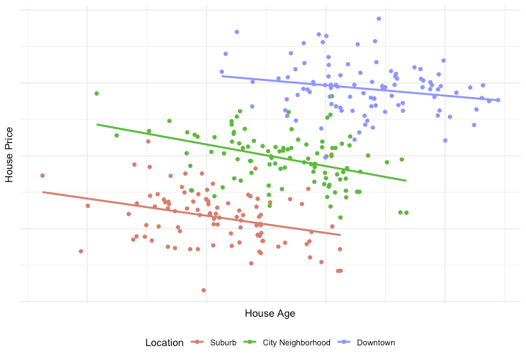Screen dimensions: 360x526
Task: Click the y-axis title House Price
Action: click(x=9, y=154)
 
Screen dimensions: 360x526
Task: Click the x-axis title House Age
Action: click(x=270, y=314)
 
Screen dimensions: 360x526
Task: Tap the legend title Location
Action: click(x=164, y=343)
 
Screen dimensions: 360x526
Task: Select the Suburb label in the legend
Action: click(x=223, y=343)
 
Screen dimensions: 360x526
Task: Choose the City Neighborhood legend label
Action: click(x=296, y=343)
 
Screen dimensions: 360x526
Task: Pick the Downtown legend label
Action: click(x=376, y=343)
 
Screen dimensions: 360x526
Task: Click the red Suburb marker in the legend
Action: click(x=197, y=343)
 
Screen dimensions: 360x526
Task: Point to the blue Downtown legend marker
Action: click(x=344, y=343)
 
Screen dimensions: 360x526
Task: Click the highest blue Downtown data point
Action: click(x=379, y=19)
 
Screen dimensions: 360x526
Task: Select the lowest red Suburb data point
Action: click(x=204, y=290)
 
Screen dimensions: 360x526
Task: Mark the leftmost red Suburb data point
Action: click(x=43, y=176)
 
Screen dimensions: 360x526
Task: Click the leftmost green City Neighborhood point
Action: click(x=97, y=93)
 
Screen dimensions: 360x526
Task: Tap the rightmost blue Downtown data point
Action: click(x=498, y=100)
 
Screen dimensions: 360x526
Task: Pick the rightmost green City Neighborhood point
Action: click(x=406, y=212)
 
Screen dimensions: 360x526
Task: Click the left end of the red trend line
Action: click(x=43, y=192)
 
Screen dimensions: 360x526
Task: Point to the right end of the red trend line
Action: click(x=340, y=234)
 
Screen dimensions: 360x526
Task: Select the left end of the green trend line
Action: click(x=97, y=124)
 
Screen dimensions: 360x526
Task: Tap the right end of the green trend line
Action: click(x=406, y=181)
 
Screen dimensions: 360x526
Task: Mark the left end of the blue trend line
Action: click(x=222, y=76)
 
